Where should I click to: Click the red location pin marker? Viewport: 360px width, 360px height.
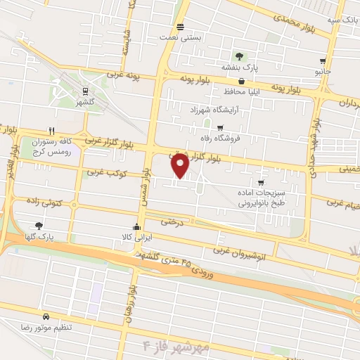[x=180, y=165]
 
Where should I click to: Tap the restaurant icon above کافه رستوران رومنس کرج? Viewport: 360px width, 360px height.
[x=51, y=131]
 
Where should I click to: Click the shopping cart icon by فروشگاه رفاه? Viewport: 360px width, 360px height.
[x=221, y=128]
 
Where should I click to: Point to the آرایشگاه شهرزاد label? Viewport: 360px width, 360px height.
[x=215, y=110]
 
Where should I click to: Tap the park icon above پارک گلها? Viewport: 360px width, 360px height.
[x=39, y=226]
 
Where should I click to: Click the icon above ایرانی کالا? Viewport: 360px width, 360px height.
[x=136, y=228]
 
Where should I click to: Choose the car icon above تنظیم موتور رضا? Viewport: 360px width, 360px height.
[x=46, y=317]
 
